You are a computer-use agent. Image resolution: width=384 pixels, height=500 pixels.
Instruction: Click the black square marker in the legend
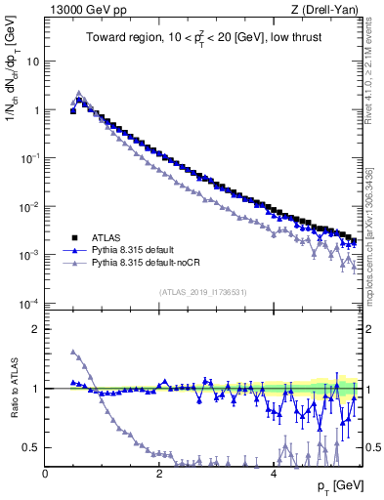click(x=73, y=237)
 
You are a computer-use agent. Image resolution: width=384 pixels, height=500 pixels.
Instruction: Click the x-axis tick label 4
click(x=273, y=474)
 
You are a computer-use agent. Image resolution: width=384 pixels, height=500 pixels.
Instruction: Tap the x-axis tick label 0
click(x=45, y=474)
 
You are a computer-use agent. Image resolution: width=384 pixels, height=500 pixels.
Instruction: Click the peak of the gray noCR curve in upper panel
click(x=79, y=94)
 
